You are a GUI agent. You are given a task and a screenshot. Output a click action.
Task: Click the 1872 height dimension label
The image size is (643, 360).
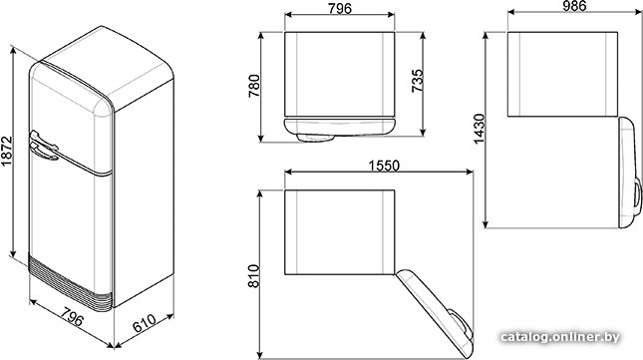click(7, 152)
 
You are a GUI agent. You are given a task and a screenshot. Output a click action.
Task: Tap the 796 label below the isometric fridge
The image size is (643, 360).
click(73, 315)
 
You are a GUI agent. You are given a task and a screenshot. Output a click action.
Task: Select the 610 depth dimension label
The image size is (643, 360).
click(144, 323)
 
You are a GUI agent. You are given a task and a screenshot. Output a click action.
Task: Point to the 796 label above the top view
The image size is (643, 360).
click(340, 8)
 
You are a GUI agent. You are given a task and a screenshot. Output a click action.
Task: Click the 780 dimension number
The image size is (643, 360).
click(254, 86)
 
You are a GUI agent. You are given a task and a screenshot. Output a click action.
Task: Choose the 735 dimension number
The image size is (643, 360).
click(417, 81)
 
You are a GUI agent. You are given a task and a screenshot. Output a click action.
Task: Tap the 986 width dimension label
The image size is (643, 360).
click(574, 5)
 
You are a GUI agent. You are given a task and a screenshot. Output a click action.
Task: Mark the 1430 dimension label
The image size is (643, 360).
click(479, 129)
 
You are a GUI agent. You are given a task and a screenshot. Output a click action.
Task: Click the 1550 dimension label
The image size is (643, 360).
click(384, 166)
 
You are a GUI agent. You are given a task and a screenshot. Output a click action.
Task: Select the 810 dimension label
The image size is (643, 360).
click(254, 276)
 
